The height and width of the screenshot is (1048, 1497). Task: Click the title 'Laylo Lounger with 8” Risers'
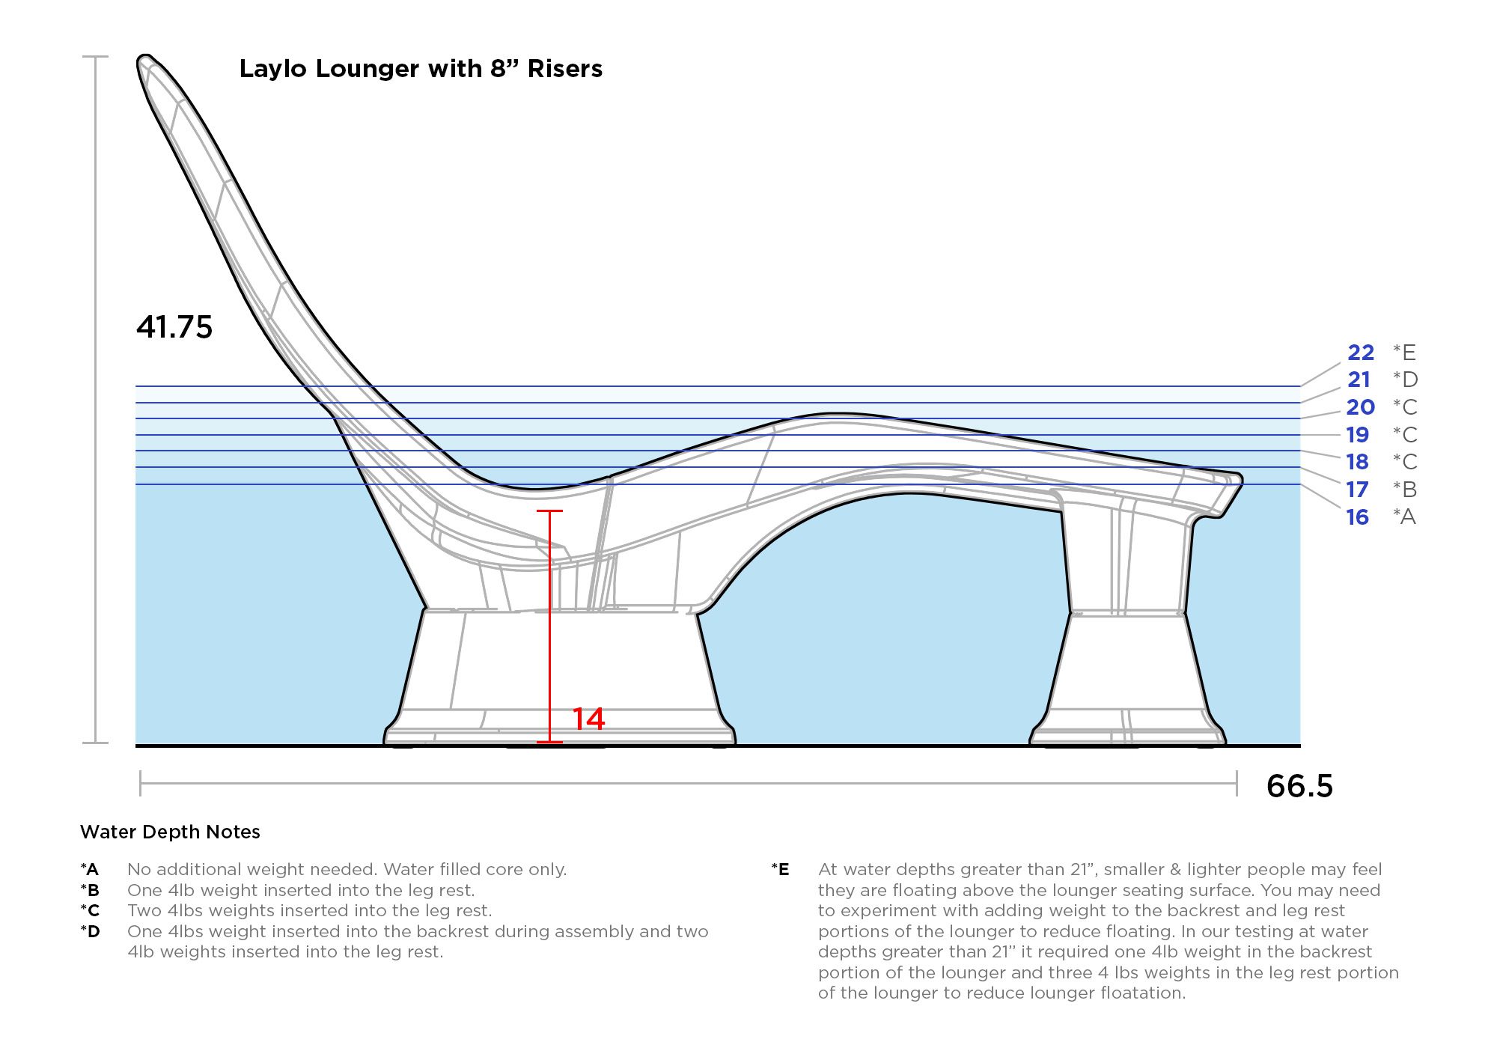pyautogui.click(x=421, y=69)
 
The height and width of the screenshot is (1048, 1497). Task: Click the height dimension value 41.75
pyautogui.click(x=174, y=327)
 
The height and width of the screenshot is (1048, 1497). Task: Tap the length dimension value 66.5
pyautogui.click(x=1299, y=786)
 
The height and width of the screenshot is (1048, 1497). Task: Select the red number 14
pyautogui.click(x=588, y=719)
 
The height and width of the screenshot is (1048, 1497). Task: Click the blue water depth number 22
pyautogui.click(x=1361, y=353)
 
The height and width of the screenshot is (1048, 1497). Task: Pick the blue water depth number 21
pyautogui.click(x=1359, y=380)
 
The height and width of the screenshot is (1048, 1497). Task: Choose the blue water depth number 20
pyautogui.click(x=1361, y=407)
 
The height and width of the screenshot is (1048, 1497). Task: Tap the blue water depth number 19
pyautogui.click(x=1358, y=435)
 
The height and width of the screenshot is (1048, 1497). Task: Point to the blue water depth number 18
pyautogui.click(x=1358, y=462)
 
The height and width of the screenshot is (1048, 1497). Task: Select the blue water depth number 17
pyautogui.click(x=1358, y=490)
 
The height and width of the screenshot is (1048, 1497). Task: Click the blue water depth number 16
pyautogui.click(x=1358, y=517)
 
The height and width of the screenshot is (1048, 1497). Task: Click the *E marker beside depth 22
pyautogui.click(x=1404, y=353)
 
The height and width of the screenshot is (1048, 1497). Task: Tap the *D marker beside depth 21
pyautogui.click(x=1405, y=380)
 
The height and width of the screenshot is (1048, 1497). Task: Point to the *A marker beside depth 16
pyautogui.click(x=1404, y=517)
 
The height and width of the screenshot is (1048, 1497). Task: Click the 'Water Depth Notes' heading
pyautogui.click(x=170, y=832)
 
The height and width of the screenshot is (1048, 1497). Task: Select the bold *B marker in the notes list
pyautogui.click(x=90, y=891)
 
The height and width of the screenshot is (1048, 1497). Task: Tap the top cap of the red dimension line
pyautogui.click(x=549, y=511)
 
